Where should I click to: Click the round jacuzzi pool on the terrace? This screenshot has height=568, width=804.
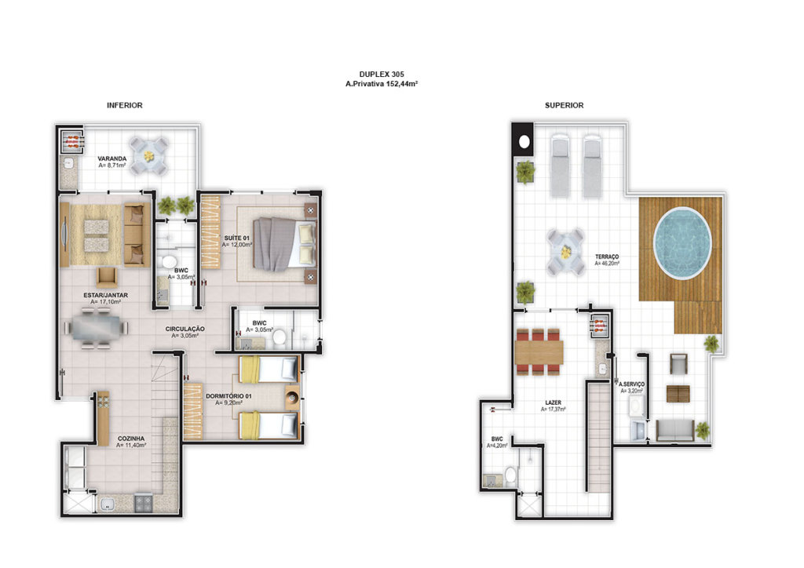[682, 242]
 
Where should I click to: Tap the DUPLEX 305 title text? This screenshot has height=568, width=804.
[382, 75]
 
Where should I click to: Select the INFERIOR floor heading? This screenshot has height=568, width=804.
[125, 105]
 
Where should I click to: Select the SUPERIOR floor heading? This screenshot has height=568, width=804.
[564, 105]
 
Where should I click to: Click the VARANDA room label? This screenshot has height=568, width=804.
[112, 158]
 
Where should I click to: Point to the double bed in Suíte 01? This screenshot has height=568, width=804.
[284, 244]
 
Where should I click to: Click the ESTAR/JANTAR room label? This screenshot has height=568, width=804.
[106, 295]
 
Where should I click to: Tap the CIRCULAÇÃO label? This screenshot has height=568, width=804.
[185, 329]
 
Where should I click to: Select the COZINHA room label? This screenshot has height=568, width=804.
[131, 439]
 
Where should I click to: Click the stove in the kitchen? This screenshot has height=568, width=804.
[143, 502]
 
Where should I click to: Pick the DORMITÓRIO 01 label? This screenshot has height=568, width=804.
[228, 396]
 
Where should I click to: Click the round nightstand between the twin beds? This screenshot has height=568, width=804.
[292, 398]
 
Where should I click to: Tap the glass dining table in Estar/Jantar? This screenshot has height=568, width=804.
[96, 328]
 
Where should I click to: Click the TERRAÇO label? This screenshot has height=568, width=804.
[607, 257]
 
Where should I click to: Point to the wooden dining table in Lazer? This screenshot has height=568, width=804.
[539, 352]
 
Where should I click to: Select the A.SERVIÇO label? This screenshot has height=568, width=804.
[632, 384]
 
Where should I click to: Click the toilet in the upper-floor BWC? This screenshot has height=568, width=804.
[510, 475]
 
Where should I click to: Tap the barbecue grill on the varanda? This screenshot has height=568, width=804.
[71, 141]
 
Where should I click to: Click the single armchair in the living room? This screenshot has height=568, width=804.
[107, 277]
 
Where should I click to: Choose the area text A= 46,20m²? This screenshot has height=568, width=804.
[607, 264]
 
